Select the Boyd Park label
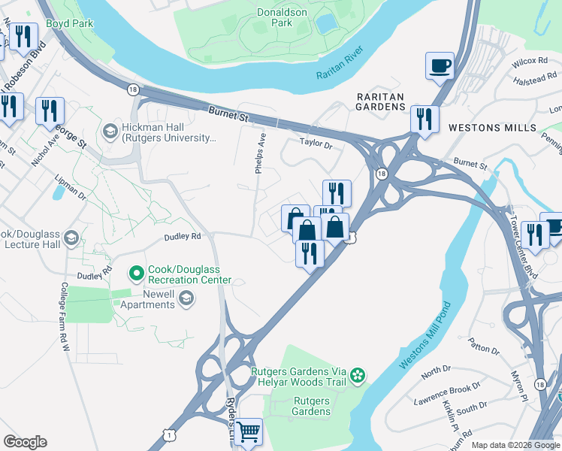(x=69, y=23)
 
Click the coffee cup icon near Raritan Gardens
(x=440, y=65)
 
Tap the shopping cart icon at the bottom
(x=248, y=432)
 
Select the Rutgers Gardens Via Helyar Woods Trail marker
(x=359, y=374)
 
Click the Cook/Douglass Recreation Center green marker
(x=136, y=273)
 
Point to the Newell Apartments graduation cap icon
(x=186, y=300)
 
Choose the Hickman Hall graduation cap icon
(x=110, y=132)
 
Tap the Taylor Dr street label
(x=316, y=141)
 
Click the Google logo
(x=25, y=442)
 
